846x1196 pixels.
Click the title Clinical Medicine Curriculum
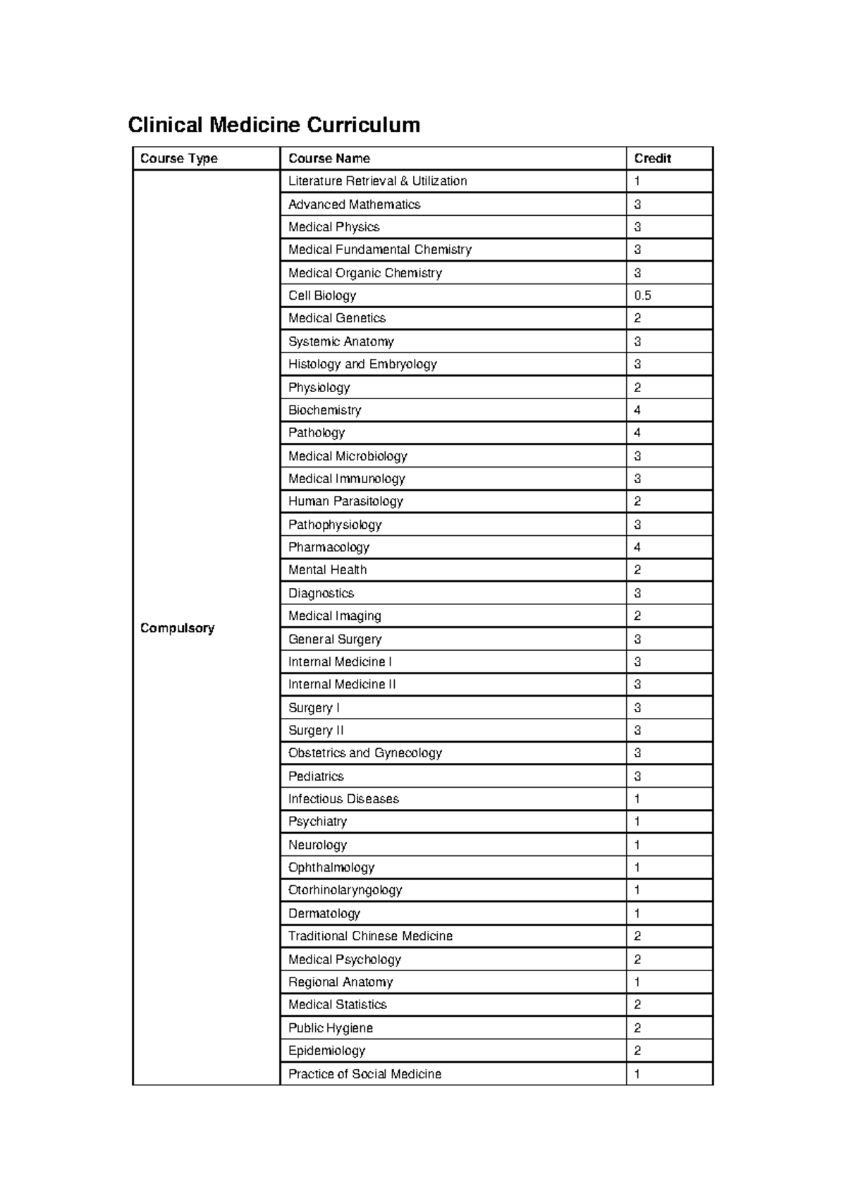pos(274,125)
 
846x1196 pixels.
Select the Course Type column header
pos(179,159)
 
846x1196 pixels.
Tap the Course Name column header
pos(329,159)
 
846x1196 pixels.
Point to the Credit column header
pos(652,159)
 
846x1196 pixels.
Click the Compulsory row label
pos(177,628)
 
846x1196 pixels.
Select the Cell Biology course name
pos(322,295)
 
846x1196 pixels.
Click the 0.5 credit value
pos(642,295)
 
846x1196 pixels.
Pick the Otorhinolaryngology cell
pos(345,890)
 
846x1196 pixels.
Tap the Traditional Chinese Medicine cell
pos(370,936)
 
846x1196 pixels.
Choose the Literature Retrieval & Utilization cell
pos(377,181)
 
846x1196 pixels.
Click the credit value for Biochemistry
pos(637,410)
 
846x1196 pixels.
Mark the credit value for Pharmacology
pos(637,547)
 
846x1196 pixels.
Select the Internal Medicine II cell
pos(342,684)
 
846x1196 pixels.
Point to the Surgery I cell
pos(314,707)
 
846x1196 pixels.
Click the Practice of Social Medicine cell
pos(364,1074)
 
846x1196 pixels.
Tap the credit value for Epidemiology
pos(637,1051)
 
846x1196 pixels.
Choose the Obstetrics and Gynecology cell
pos(364,753)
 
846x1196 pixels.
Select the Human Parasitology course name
pos(345,501)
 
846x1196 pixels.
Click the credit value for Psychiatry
pos(637,822)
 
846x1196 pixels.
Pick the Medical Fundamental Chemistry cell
pos(379,250)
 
